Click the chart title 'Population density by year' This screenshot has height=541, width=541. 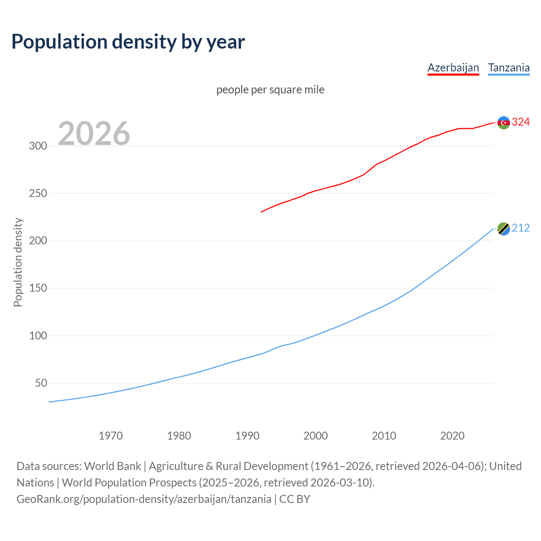point(128,41)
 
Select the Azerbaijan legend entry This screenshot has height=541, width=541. point(453,68)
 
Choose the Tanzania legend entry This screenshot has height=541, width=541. point(509,68)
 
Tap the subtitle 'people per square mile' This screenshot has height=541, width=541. point(270,90)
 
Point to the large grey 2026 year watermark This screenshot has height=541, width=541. point(94,133)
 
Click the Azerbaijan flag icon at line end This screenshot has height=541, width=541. point(503,123)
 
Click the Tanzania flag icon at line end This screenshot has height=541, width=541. point(503,229)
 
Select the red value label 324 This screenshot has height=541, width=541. point(521,122)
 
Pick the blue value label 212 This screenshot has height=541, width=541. point(521,228)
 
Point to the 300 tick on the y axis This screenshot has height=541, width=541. point(38,146)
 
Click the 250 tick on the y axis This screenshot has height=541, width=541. point(38,193)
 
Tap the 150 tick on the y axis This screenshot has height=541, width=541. point(38,288)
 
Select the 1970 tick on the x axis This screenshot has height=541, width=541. point(111,436)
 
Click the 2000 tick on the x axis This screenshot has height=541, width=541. point(316,436)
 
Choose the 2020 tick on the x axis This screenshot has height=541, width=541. point(452,436)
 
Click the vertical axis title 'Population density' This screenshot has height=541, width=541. point(18,262)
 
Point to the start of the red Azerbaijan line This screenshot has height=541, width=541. point(262,212)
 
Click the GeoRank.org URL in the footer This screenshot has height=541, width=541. point(144,499)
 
